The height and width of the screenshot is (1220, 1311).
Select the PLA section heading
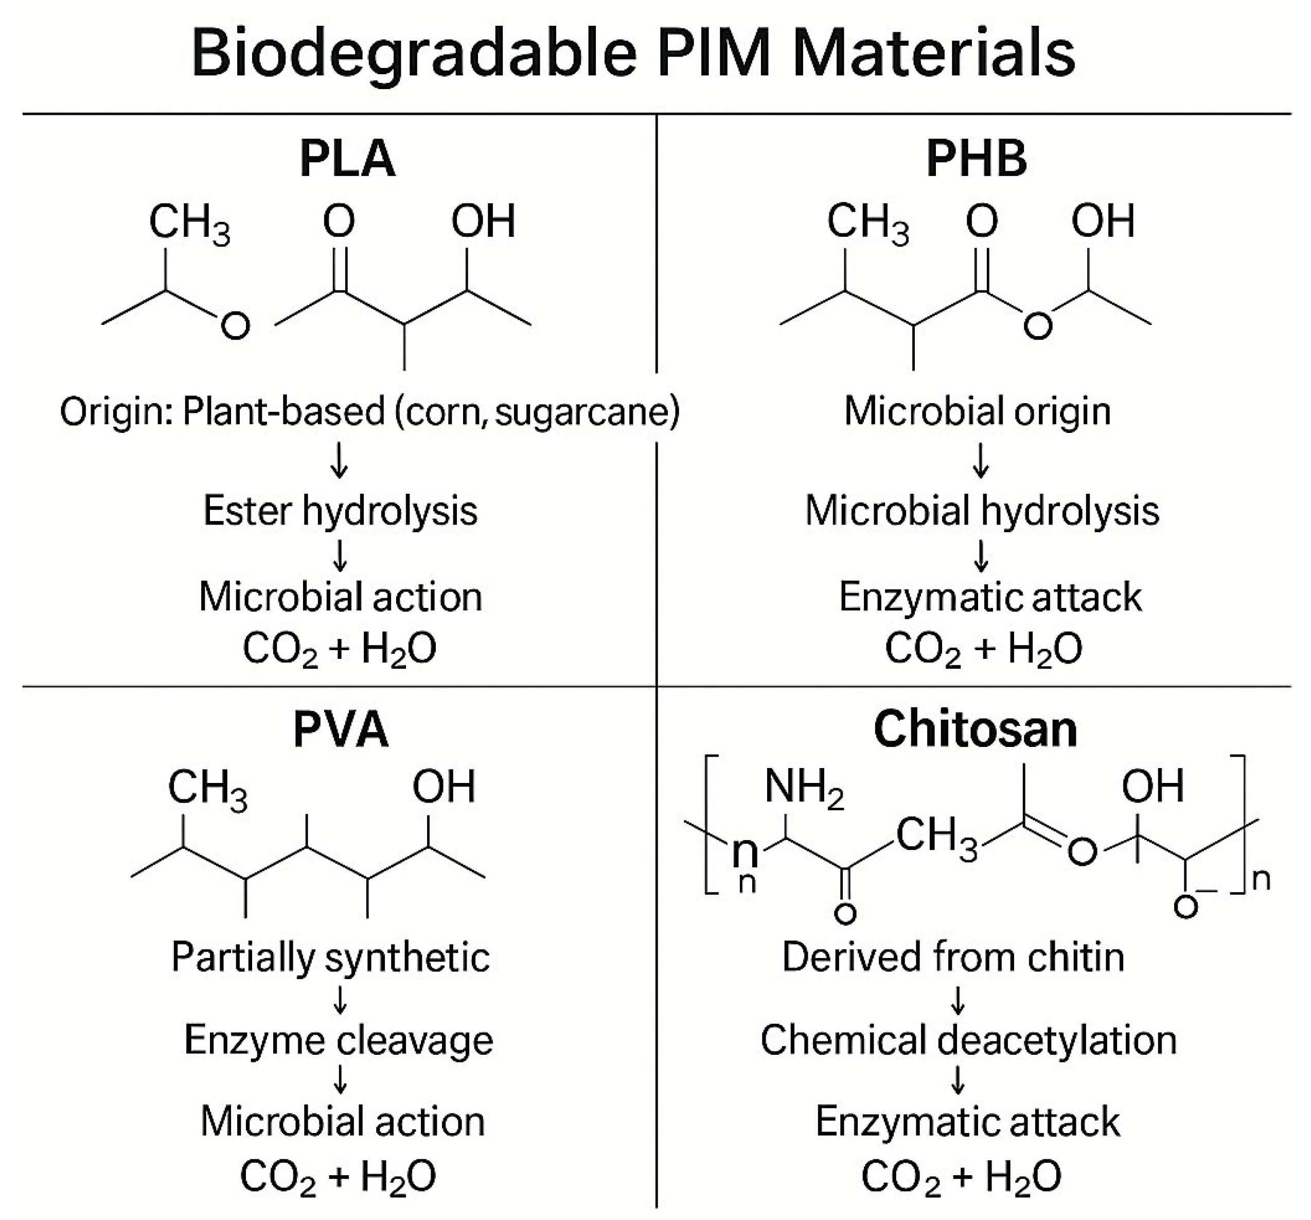pos(347,160)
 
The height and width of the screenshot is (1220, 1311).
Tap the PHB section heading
pos(977,160)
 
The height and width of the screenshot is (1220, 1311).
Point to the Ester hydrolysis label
pos(340,511)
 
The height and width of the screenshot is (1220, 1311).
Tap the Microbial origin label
pos(977,411)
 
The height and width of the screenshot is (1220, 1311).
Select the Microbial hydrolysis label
pos(982,511)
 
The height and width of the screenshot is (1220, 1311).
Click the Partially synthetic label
pos(330,957)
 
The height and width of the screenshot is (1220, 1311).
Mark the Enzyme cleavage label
pos(339,1040)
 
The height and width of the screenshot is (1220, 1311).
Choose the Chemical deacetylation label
pos(968,1040)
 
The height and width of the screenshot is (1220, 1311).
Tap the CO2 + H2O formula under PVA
pos(338,1176)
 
